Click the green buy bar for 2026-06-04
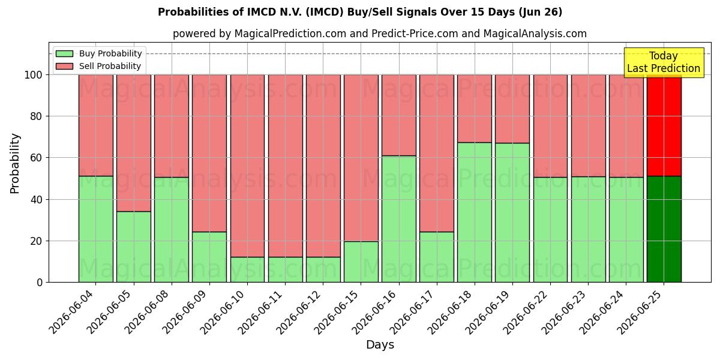point(96,229)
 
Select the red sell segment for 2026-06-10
point(247,166)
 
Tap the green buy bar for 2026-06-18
point(475,212)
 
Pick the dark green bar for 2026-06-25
point(664,229)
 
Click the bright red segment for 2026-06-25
point(664,125)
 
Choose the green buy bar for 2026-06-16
point(399,219)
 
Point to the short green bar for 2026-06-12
point(323,269)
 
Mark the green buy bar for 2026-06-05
point(134,247)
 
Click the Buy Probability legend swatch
point(64,53)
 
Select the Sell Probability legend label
point(110,66)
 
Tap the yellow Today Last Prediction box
point(664,62)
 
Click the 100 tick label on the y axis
point(34,75)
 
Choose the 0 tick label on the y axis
point(40,283)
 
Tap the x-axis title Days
point(380,345)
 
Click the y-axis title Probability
point(15,163)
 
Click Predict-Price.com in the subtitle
point(415,34)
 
